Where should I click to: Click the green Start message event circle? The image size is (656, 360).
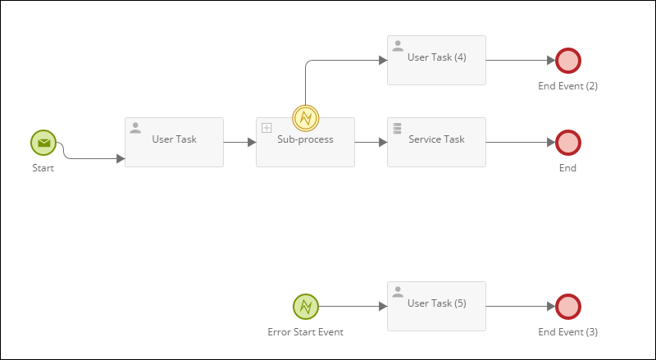43,143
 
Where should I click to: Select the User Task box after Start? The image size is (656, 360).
174,142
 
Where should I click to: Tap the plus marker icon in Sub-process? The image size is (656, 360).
266,128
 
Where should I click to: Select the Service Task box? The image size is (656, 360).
436,142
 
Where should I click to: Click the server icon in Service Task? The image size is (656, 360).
398,128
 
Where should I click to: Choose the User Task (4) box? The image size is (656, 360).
436,60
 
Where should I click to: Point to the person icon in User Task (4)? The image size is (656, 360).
398,46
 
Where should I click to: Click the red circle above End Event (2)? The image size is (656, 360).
567,61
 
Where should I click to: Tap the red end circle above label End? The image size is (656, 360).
567,143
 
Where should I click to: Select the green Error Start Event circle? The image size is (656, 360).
305,307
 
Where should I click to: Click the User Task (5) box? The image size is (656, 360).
436,306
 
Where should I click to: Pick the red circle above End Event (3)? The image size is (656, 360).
567,307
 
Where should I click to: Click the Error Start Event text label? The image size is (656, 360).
305,332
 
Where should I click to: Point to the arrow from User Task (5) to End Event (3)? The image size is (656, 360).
520,306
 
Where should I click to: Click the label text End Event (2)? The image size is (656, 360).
567,86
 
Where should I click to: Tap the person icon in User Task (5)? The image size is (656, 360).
398,292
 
